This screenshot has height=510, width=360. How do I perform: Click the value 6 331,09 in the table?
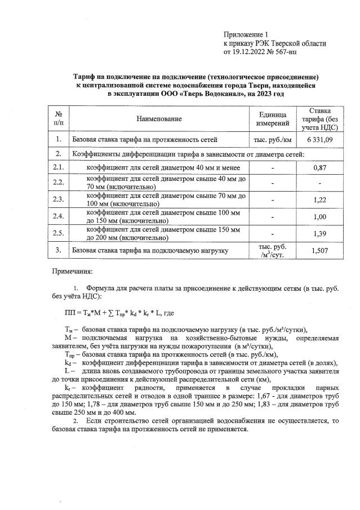pyautogui.click(x=320, y=139)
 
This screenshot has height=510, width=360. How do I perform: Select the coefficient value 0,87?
pyautogui.click(x=320, y=168)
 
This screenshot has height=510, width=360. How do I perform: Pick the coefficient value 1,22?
pyautogui.click(x=320, y=199)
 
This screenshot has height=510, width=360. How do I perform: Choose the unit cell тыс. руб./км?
pyautogui.click(x=273, y=139)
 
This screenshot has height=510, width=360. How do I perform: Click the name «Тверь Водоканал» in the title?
pyautogui.click(x=192, y=93)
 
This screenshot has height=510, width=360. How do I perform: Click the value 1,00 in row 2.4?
pyautogui.click(x=320, y=216)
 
